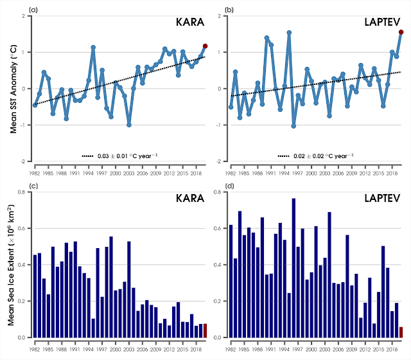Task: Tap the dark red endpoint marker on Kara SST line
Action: click(205, 46)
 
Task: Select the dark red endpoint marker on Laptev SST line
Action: click(401, 32)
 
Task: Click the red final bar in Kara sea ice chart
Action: click(205, 330)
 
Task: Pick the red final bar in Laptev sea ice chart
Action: click(401, 332)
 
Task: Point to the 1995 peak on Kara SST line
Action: click(93, 47)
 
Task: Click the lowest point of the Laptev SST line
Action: click(293, 126)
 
